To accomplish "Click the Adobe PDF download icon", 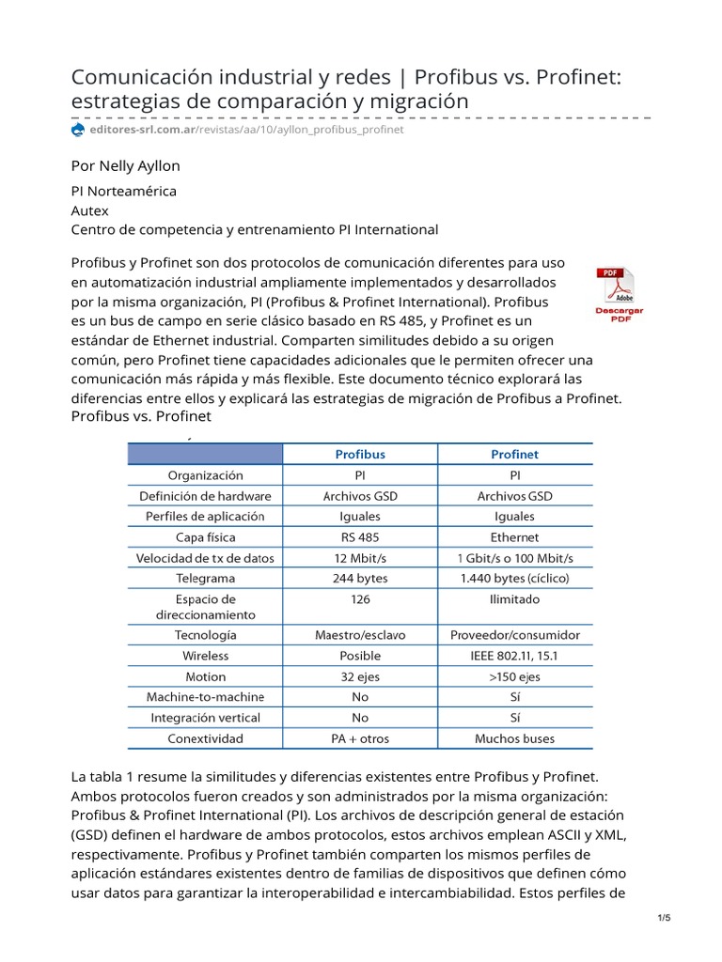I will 615,294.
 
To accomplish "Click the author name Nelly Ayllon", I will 125,165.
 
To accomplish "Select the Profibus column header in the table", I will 360,454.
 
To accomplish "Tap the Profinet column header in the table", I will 514,454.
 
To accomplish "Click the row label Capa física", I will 205,537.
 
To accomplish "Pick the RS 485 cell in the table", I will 360,537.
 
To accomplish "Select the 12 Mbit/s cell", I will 360,558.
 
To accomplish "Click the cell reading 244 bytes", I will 360,579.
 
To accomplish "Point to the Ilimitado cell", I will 514,599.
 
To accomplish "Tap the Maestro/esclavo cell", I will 360,635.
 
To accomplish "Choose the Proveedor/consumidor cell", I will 514,635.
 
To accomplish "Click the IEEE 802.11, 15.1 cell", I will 514,656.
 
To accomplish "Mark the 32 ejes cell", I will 360,676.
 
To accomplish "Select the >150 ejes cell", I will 514,676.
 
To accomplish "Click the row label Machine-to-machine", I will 205,697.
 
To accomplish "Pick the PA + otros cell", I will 360,738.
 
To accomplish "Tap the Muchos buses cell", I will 514,738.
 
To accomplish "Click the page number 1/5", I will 664,918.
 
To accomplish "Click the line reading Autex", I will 90,210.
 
